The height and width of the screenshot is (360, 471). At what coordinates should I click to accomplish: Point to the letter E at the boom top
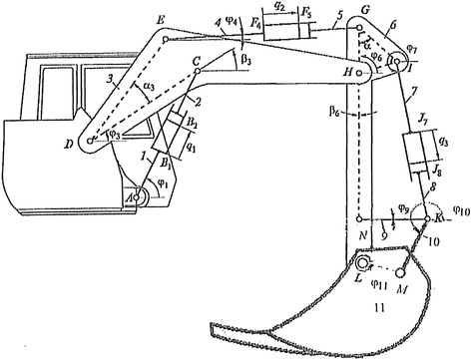click(163, 18)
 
